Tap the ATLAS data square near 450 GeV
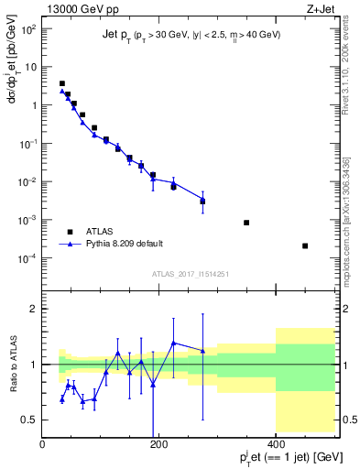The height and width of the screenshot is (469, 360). (x=305, y=245)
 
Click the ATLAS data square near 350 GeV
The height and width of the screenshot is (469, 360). (x=246, y=223)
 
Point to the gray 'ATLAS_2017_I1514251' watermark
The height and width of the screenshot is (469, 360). (x=189, y=274)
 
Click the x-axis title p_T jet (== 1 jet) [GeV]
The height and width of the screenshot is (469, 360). (x=280, y=457)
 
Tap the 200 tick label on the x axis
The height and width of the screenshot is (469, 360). (x=159, y=442)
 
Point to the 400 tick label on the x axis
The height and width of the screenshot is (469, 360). (x=276, y=442)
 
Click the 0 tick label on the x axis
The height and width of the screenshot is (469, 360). (x=43, y=442)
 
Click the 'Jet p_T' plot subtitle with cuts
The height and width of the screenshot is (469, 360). (x=191, y=34)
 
